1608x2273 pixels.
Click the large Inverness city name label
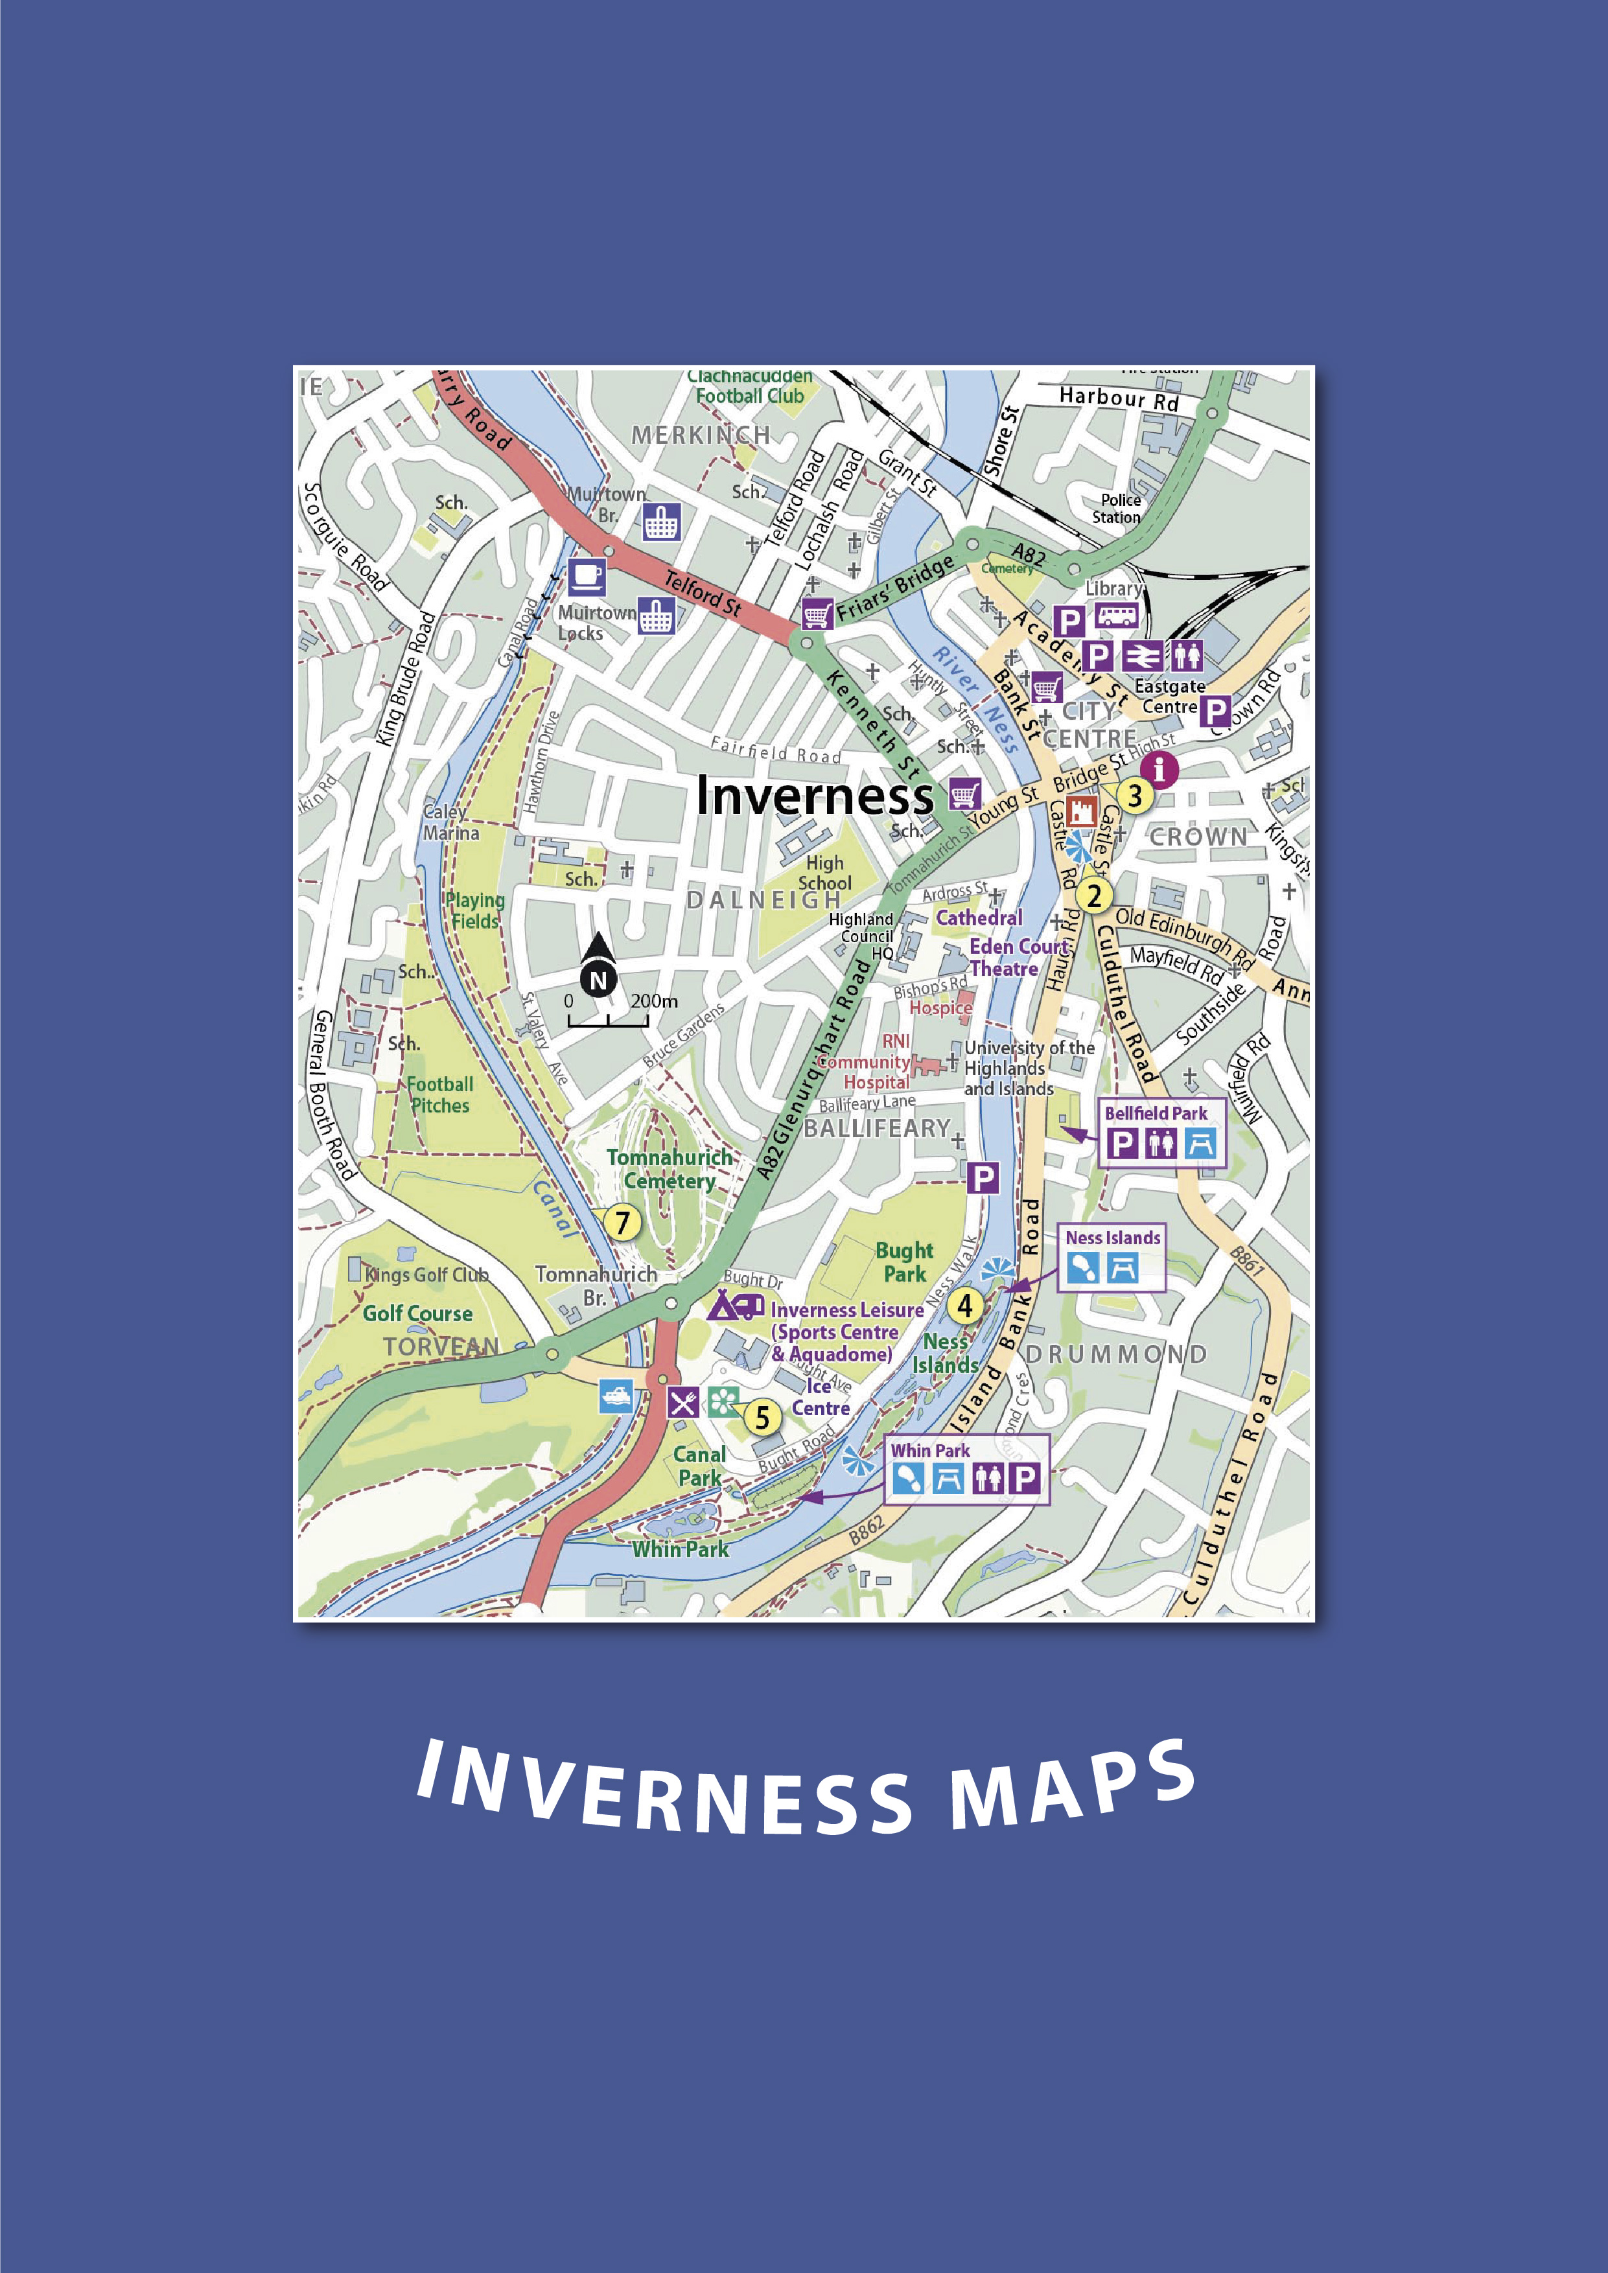[814, 795]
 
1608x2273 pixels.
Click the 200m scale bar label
[653, 1001]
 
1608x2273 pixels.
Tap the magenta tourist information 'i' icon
[1159, 769]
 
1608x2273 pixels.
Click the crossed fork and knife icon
[682, 1402]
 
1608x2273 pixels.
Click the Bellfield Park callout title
[1156, 1113]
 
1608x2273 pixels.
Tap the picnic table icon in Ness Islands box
[1122, 1268]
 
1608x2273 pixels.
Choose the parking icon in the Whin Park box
[1025, 1479]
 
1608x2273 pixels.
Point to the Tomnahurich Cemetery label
[670, 1168]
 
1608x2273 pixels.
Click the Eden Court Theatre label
[1016, 957]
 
